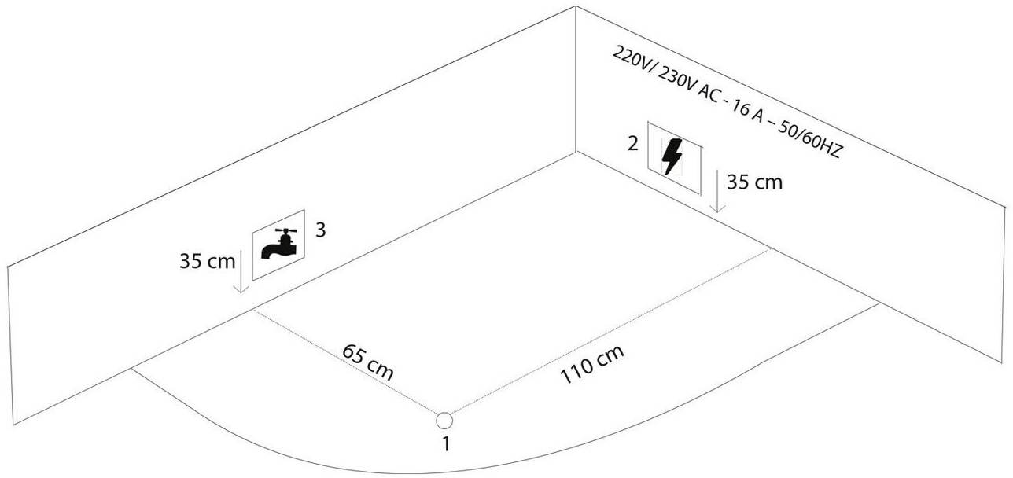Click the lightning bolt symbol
[x=672, y=156]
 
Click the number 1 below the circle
[x=446, y=443]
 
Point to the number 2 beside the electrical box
[x=631, y=143]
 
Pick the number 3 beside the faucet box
[x=321, y=230]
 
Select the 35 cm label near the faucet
[x=203, y=262]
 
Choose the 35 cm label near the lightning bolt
[x=754, y=183]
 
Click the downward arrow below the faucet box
[x=241, y=275]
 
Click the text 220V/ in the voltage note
[x=628, y=61]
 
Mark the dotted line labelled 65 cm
[x=346, y=362]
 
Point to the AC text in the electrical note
[x=712, y=97]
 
